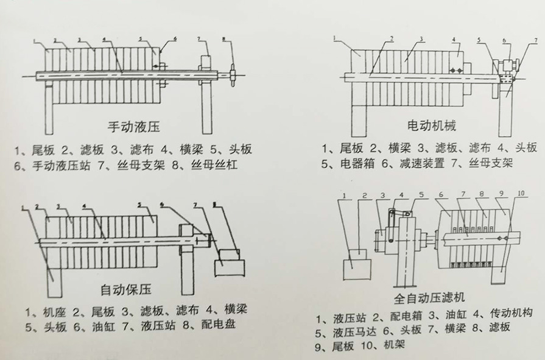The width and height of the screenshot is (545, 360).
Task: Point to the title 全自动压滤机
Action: click(x=429, y=297)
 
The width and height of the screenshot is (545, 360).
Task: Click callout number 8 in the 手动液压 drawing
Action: click(x=224, y=40)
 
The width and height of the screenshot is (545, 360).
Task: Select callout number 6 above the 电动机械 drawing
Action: click(x=504, y=40)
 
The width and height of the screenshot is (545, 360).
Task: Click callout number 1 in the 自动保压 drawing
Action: click(x=24, y=207)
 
